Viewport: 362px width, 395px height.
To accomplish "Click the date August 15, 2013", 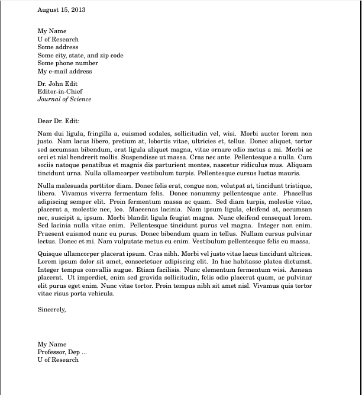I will click(62, 10).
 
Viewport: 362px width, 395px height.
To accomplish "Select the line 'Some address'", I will click(58, 47).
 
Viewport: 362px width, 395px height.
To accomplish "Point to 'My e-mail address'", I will click(65, 72).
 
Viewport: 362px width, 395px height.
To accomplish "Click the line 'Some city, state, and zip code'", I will click(80, 56).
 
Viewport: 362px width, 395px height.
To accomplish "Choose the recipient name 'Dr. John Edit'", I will click(57, 84).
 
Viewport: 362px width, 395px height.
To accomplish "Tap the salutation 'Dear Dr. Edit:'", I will click(59, 121).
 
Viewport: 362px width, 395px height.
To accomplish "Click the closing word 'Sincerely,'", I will click(51, 309).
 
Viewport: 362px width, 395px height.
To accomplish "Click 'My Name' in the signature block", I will click(52, 344).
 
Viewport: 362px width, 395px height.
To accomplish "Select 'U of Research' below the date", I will click(58, 39).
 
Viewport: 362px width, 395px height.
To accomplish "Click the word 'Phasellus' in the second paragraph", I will click(298, 193).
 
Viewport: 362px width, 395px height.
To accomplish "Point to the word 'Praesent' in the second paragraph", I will click(50, 233).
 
